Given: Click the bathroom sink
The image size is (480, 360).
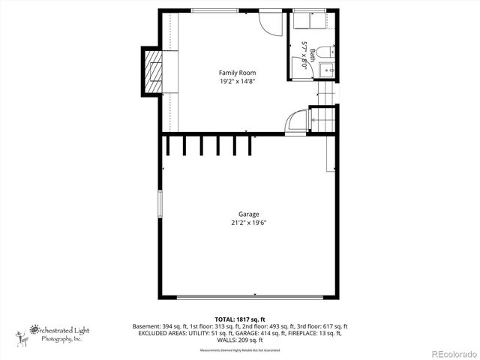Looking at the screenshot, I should coord(328,70).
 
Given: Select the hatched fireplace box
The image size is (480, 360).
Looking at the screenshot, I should coord(151,71).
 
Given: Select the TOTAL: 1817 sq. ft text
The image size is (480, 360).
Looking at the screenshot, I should coord(239,319).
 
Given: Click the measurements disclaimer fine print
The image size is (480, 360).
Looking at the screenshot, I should coord(239,350).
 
